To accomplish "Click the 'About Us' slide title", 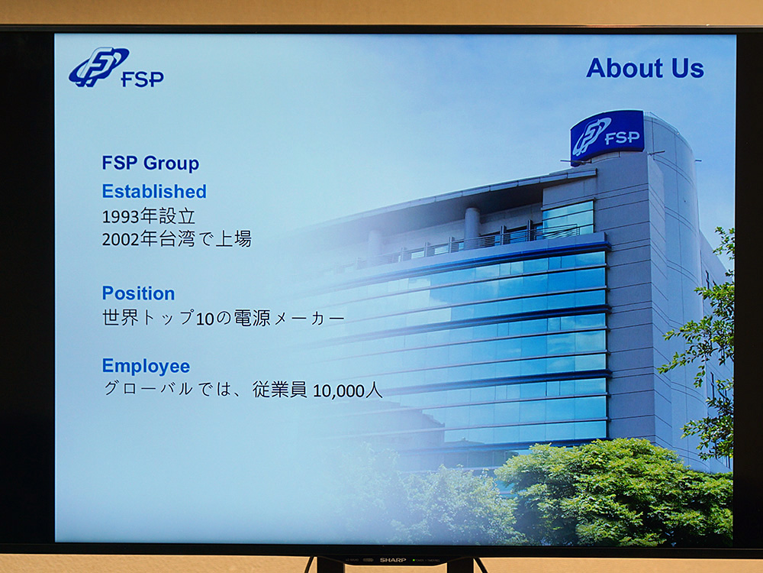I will pyautogui.click(x=645, y=68).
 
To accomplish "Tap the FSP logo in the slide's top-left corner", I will pyautogui.click(x=116, y=68).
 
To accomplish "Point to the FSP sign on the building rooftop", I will pyautogui.click(x=607, y=135).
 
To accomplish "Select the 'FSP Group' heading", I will pyautogui.click(x=150, y=163).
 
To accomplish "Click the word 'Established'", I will pyautogui.click(x=154, y=191).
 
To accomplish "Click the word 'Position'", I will pyautogui.click(x=138, y=293).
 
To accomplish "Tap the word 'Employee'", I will pyautogui.click(x=146, y=366).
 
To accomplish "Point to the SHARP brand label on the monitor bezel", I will pyautogui.click(x=394, y=560).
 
